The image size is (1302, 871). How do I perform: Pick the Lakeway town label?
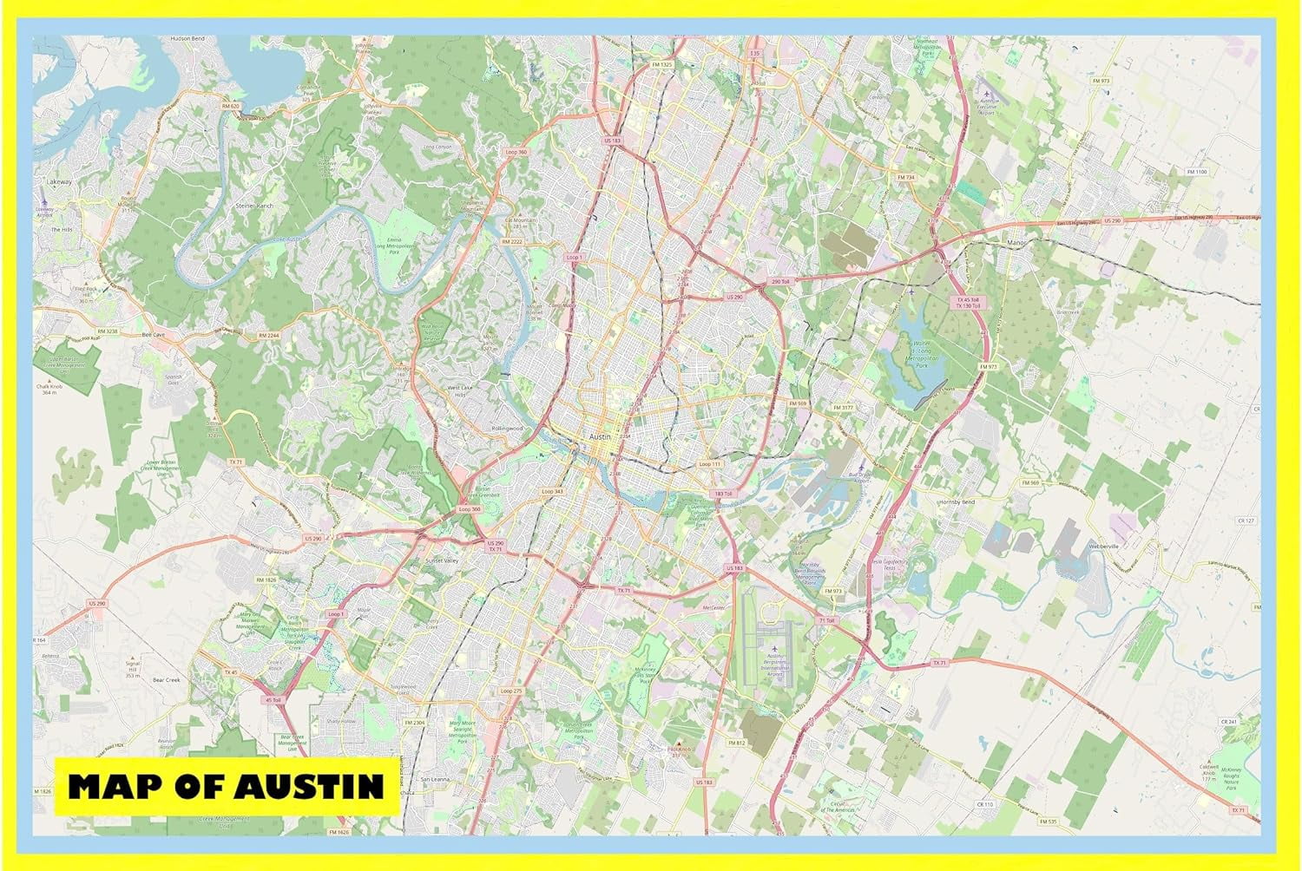pos(59,182)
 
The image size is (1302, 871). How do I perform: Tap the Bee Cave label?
pos(153,333)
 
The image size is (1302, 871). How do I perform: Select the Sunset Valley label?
pos(441,561)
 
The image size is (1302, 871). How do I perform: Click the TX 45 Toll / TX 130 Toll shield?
pos(968,303)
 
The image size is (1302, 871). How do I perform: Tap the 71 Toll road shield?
pos(825,621)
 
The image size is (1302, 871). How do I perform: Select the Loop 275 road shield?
pos(511,691)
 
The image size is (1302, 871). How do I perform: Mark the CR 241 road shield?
pos(1227,721)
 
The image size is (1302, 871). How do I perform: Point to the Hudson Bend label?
pos(187,39)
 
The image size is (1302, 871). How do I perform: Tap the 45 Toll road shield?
pos(273,699)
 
